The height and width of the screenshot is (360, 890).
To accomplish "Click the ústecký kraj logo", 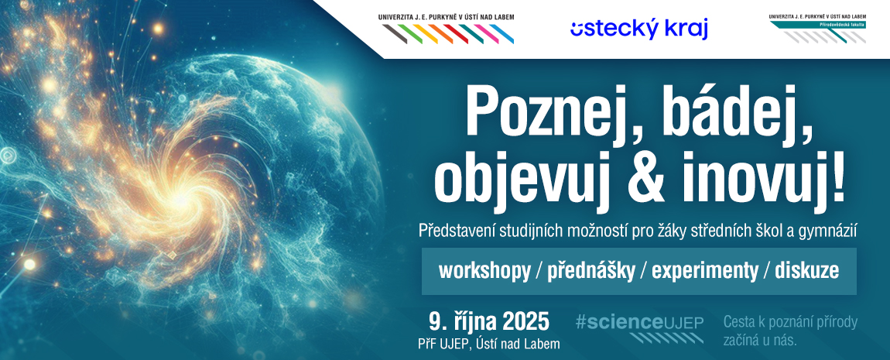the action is tap(639, 29).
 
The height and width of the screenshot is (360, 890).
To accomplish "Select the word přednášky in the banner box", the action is tap(590, 271).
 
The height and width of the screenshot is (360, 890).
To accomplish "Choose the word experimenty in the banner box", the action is tap(704, 272).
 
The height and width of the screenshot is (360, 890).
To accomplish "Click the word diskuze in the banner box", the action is tap(806, 271).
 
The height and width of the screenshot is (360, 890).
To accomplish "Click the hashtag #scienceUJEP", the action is tap(639, 323).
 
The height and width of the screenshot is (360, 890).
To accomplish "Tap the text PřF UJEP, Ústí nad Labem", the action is tap(488, 344).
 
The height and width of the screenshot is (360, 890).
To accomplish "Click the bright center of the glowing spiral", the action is tap(180, 200).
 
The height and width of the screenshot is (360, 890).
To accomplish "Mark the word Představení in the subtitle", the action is tap(456, 231).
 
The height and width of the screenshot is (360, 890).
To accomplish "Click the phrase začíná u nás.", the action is tap(761, 341).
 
